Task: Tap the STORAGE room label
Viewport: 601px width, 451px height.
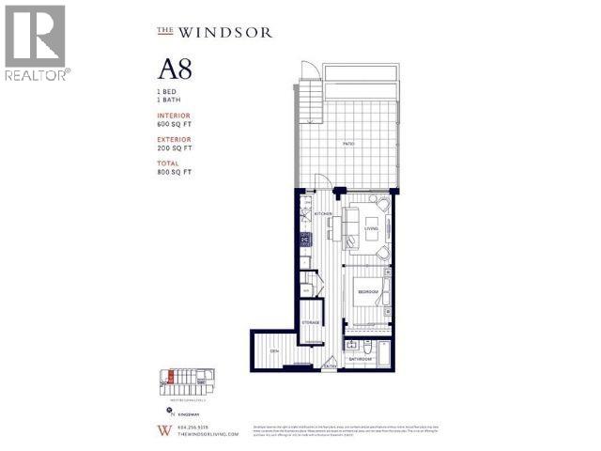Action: coord(311,323)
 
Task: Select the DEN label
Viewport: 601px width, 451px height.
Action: coord(274,350)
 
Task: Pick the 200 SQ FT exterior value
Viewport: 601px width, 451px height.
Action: coord(174,148)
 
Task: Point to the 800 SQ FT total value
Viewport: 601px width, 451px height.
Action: coord(174,172)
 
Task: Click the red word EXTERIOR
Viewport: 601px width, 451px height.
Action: coord(174,139)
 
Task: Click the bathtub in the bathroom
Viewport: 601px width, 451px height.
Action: coord(388,349)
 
